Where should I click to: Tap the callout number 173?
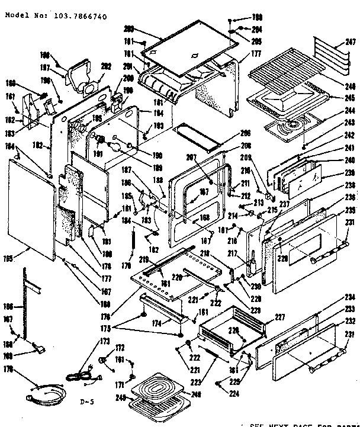(105, 341)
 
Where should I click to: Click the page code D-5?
(88, 403)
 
